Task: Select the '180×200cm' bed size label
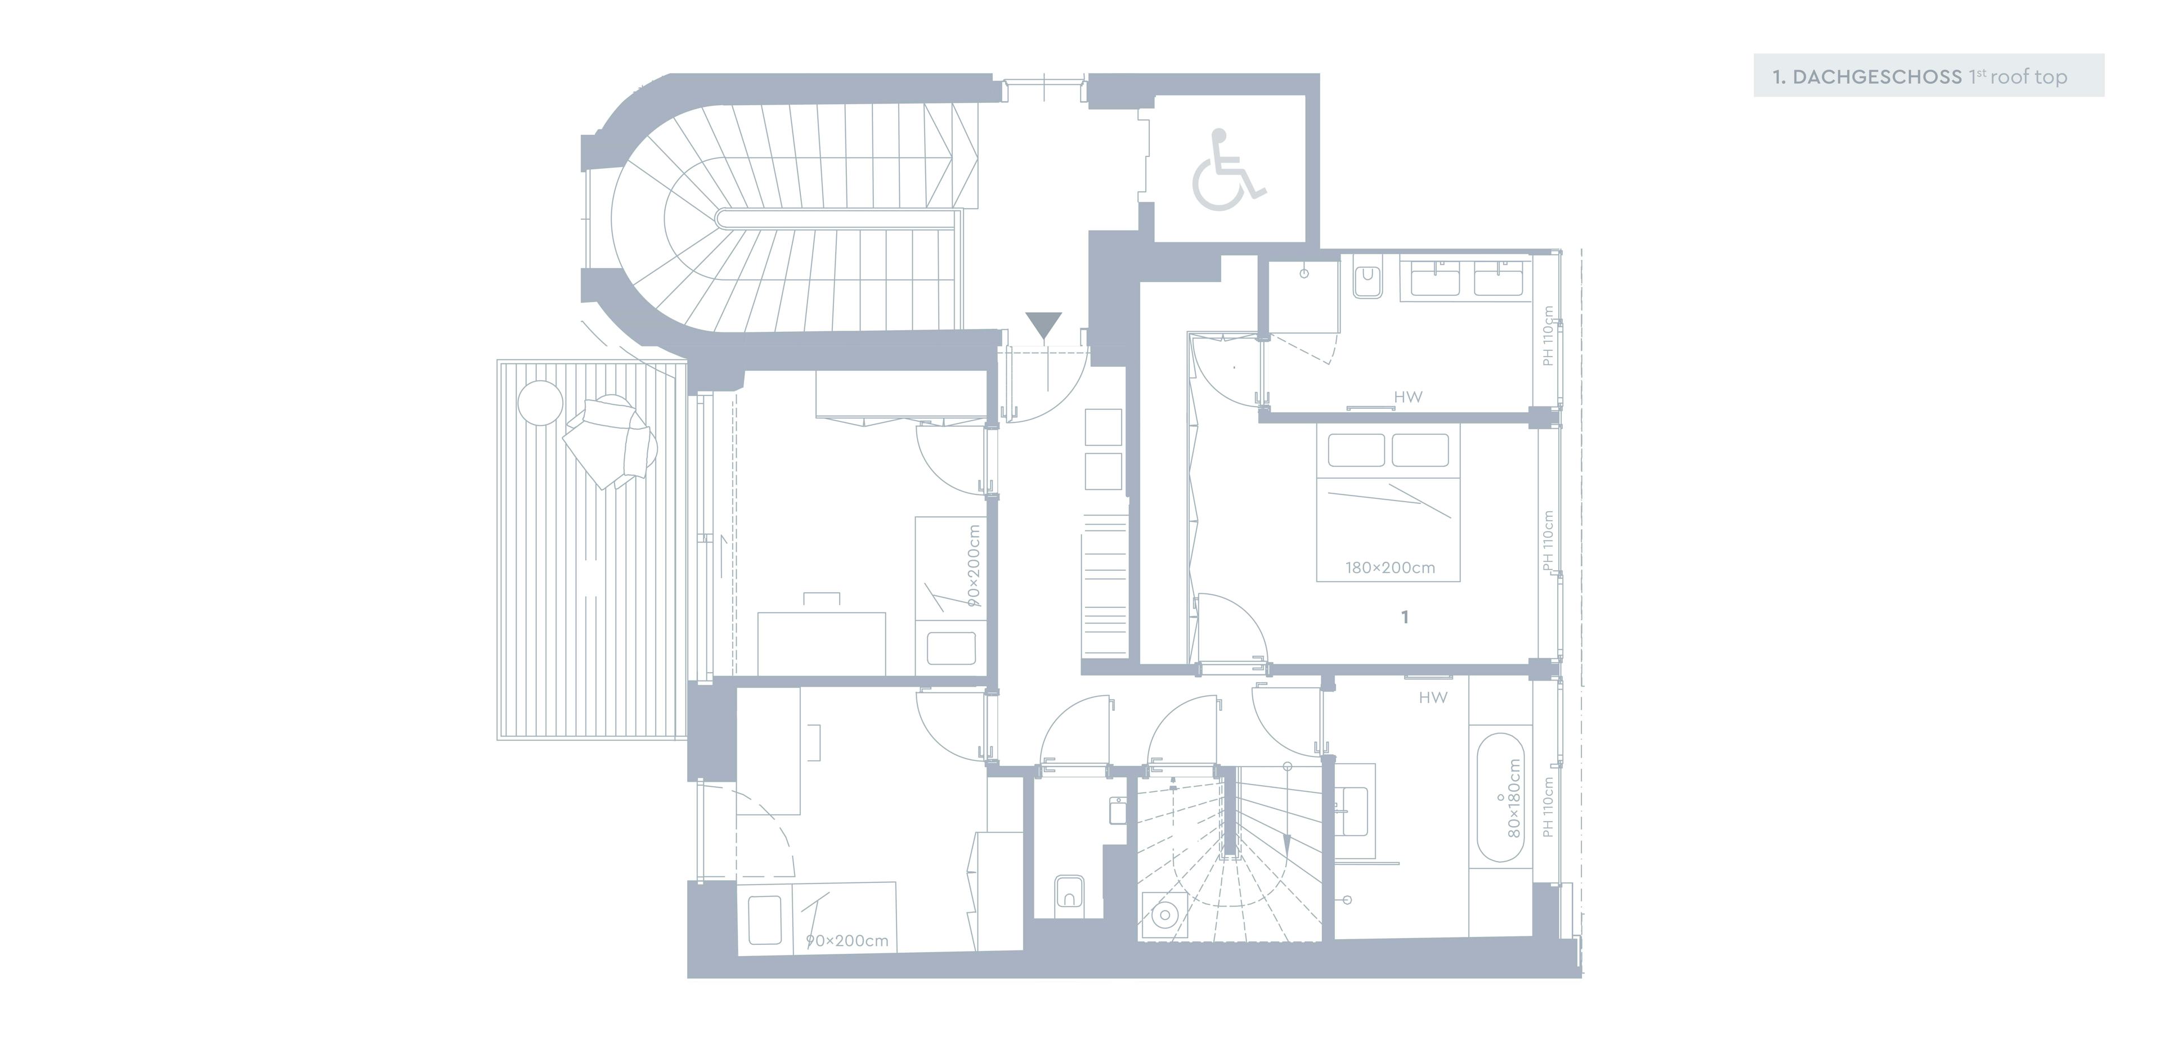(x=1390, y=568)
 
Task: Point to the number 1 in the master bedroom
(x=1405, y=618)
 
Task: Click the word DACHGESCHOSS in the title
(x=1877, y=77)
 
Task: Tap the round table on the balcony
(x=540, y=403)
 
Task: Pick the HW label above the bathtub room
(x=1433, y=697)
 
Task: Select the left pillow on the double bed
(x=1356, y=450)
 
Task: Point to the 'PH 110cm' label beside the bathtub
(x=1548, y=806)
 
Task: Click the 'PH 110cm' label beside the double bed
(x=1548, y=541)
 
